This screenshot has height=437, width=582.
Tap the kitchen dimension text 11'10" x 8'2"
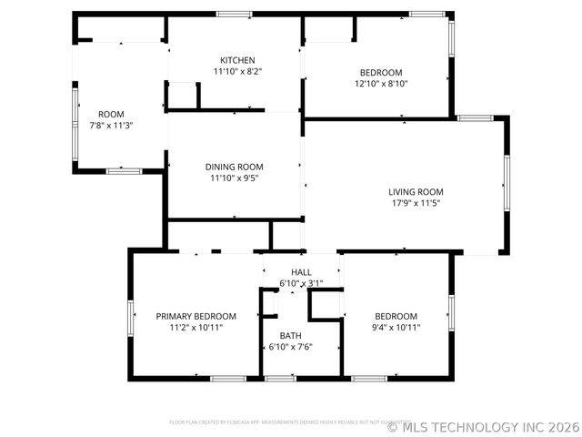pos(235,71)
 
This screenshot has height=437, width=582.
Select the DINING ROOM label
pos(234,167)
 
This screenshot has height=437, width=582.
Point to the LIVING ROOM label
pos(416,191)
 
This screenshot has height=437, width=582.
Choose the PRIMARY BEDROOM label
pos(196,316)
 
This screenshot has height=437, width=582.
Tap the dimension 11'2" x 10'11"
pos(196,328)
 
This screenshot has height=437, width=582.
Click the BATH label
pos(290,335)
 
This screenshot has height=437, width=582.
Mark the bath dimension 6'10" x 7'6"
pos(290,347)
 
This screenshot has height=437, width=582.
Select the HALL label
pos(301,272)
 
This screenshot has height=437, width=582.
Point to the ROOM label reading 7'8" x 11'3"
pos(111,114)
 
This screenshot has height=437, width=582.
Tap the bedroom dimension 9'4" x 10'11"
pos(396,328)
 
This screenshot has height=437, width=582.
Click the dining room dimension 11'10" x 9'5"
pos(234,178)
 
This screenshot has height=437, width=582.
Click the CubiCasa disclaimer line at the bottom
pos(273,422)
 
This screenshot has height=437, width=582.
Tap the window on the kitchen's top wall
pos(235,14)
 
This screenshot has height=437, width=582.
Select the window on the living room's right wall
pos(507,182)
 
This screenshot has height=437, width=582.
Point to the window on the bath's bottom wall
pos(280,378)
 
